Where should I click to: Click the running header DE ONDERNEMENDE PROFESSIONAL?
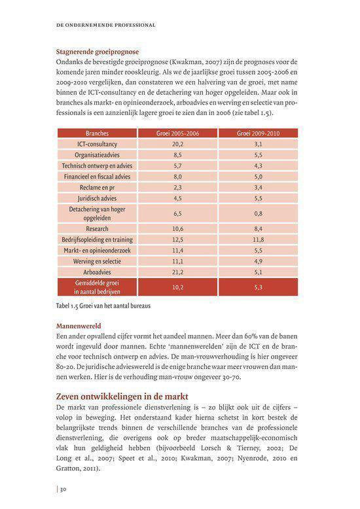click(107, 26)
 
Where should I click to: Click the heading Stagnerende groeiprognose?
click(99, 52)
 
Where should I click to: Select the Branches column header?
click(97, 133)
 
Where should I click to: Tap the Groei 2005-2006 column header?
click(177, 133)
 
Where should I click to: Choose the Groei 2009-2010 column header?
click(258, 133)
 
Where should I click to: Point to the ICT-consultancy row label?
click(97, 143)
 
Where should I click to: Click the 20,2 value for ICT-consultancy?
click(177, 143)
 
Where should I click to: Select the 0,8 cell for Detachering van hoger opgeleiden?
click(258, 214)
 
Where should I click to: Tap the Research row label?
click(97, 229)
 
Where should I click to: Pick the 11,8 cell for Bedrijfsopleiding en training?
click(258, 239)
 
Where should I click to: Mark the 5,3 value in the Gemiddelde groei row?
click(258, 287)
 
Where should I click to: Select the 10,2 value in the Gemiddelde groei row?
click(177, 287)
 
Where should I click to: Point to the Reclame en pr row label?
click(97, 187)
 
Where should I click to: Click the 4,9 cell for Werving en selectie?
click(258, 260)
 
